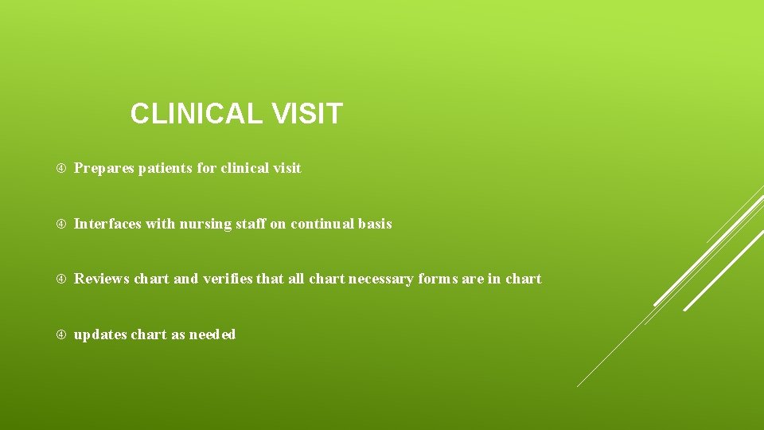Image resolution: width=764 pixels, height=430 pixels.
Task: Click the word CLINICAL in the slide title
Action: click(x=196, y=114)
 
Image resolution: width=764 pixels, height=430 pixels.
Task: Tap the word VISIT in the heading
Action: click(x=306, y=114)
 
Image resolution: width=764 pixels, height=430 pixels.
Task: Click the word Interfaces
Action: click(x=107, y=224)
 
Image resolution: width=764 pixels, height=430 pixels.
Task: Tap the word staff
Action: click(x=250, y=224)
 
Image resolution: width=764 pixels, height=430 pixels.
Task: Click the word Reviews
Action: click(x=102, y=279)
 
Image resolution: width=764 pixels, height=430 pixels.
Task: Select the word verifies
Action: click(x=229, y=279)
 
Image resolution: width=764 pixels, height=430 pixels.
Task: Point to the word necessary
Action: click(x=380, y=279)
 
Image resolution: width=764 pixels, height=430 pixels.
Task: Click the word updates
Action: click(x=99, y=334)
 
